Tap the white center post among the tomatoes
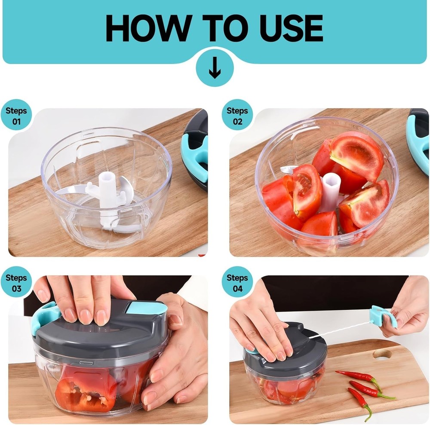tap(330, 191)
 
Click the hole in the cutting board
tap(382, 354)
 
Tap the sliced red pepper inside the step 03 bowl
tap(86, 387)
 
